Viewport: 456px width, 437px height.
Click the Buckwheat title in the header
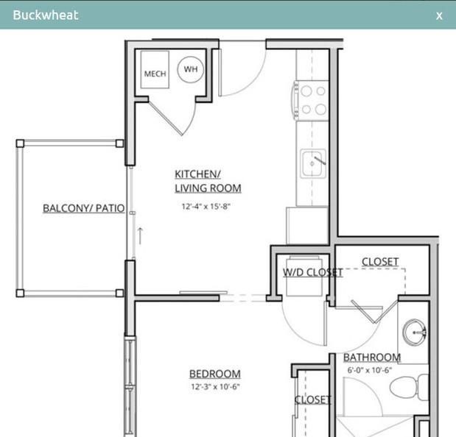point(46,15)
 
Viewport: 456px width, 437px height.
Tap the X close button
point(439,15)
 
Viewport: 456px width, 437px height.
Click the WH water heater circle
point(191,70)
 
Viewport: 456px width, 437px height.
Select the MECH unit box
point(155,70)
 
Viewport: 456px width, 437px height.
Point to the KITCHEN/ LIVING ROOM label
point(208,181)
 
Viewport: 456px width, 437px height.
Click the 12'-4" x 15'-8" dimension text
point(206,207)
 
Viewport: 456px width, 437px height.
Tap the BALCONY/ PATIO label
point(84,208)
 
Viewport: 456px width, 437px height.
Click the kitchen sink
point(313,163)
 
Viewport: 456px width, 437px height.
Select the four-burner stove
point(311,101)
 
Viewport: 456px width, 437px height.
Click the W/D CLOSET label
point(313,272)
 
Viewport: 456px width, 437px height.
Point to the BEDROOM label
point(215,374)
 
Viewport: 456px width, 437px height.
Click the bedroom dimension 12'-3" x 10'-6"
point(215,387)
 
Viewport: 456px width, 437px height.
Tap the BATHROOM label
point(372,358)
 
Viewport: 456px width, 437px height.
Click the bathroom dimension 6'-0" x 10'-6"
point(370,370)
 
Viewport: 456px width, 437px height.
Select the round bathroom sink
point(415,333)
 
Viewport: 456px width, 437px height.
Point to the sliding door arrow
point(140,235)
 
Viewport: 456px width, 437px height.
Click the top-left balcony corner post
point(20,143)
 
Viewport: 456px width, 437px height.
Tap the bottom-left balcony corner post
point(20,293)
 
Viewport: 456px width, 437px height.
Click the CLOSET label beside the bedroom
point(312,399)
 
